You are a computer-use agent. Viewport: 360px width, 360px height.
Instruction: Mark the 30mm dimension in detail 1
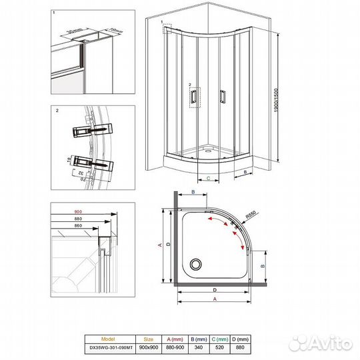(x=73, y=30)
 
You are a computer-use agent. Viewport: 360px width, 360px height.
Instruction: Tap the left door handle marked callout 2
(x=193, y=97)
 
